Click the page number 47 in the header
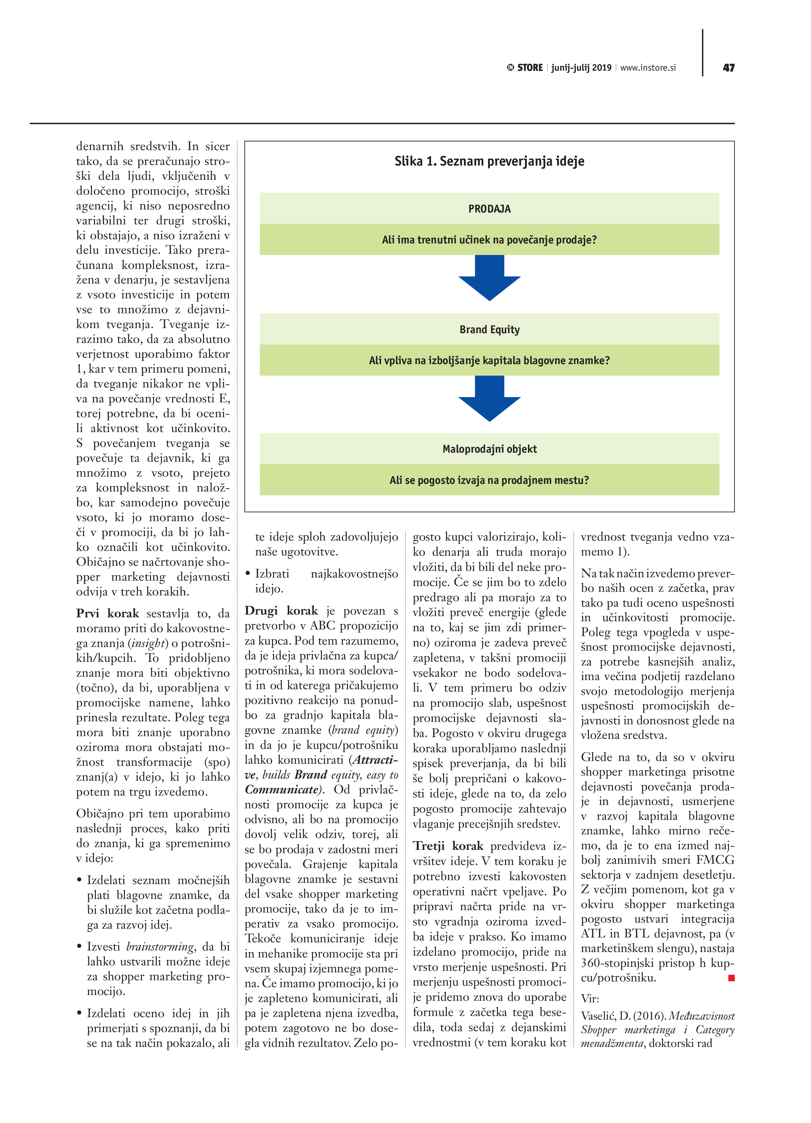[728, 68]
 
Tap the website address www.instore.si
[648, 68]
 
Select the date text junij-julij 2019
[581, 68]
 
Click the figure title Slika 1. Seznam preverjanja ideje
[489, 161]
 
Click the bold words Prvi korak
[107, 613]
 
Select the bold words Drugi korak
[281, 611]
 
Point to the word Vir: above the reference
[590, 998]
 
